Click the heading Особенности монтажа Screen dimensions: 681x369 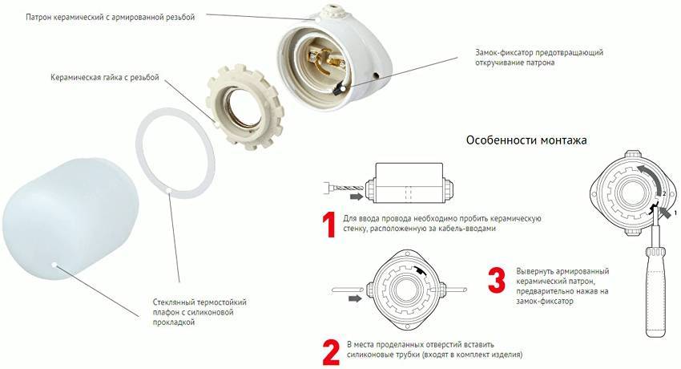pos(526,140)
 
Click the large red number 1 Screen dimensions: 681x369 pos(328,225)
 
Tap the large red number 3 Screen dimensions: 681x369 pos(497,280)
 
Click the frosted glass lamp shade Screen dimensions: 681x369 pos(71,220)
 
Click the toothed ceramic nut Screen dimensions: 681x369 pos(244,106)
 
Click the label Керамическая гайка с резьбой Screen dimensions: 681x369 pos(105,78)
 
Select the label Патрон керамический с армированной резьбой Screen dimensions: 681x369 pos(111,18)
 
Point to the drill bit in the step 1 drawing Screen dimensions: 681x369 pos(344,189)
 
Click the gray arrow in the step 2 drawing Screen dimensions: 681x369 pos(355,298)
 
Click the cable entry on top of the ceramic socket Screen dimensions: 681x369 pos(334,8)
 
